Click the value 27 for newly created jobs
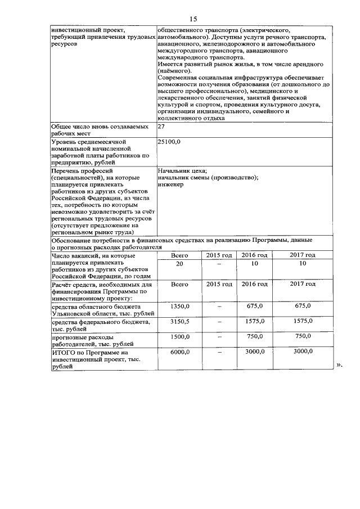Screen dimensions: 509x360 pyautogui.click(x=161, y=127)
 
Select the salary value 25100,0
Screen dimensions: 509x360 pyautogui.click(x=169, y=142)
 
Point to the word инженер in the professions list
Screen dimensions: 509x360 pyautogui.click(x=170, y=185)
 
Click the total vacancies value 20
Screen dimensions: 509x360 pyautogui.click(x=179, y=263)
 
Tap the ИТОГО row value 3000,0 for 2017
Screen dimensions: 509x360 pyautogui.click(x=302, y=351)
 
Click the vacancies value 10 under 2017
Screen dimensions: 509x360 pyautogui.click(x=302, y=263)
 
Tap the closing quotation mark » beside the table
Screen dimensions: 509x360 pyautogui.click(x=339, y=366)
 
